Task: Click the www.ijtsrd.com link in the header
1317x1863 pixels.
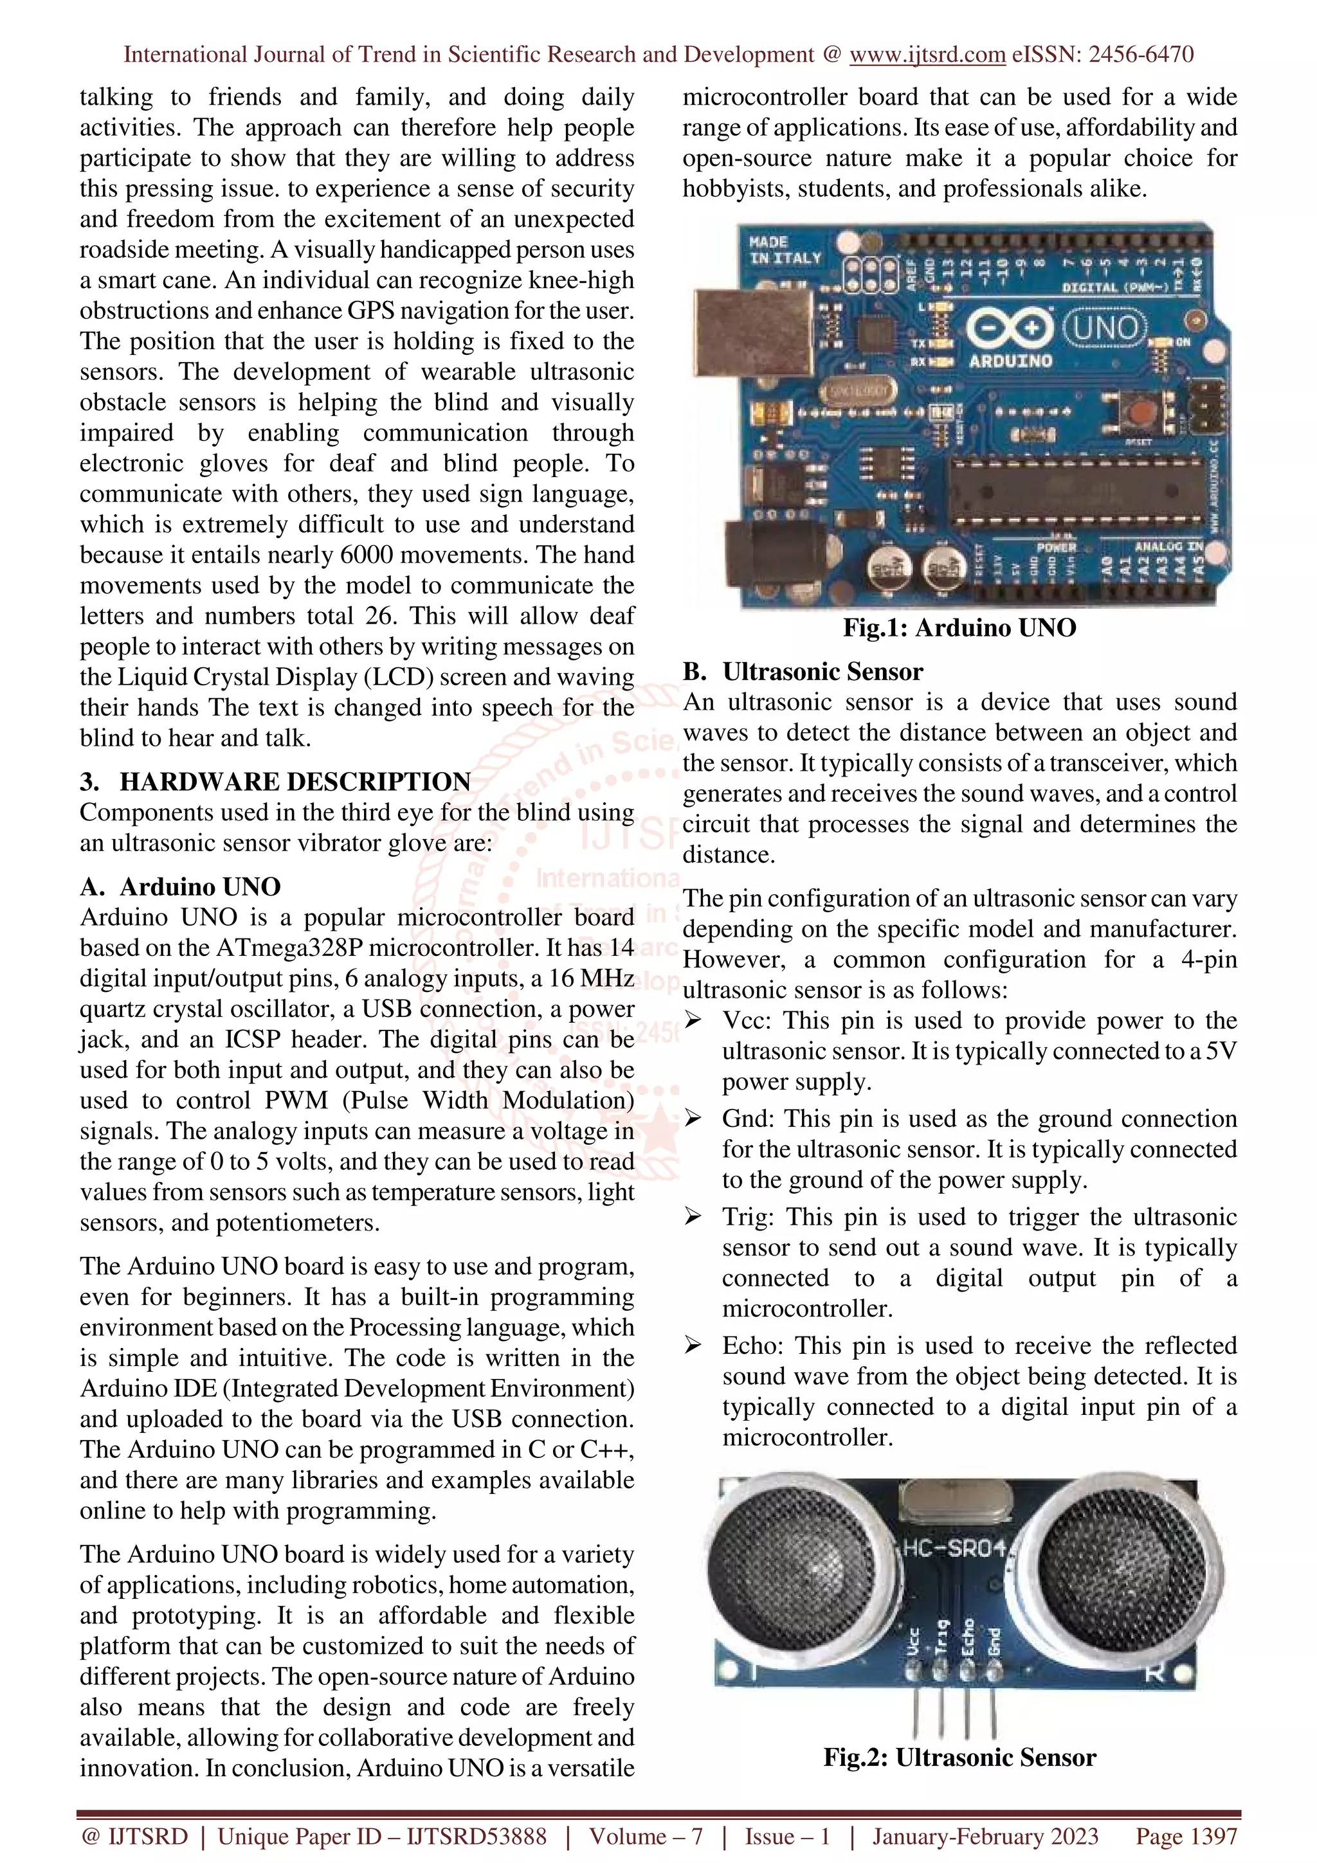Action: [x=927, y=55]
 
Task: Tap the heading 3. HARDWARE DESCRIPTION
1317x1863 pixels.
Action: [x=275, y=781]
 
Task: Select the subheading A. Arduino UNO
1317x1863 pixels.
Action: [x=180, y=886]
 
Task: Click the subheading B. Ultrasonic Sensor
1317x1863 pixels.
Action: [x=803, y=671]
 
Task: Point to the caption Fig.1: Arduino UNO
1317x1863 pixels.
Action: [x=959, y=627]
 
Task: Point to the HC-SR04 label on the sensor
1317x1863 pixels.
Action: [x=954, y=1547]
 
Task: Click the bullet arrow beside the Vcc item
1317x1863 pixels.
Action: [x=693, y=1020]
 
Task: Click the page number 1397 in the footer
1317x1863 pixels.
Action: [x=1186, y=1836]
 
